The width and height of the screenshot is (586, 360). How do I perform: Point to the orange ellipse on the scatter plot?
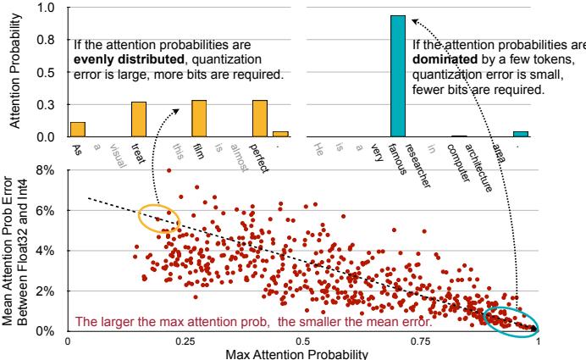pyautogui.click(x=160, y=219)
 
